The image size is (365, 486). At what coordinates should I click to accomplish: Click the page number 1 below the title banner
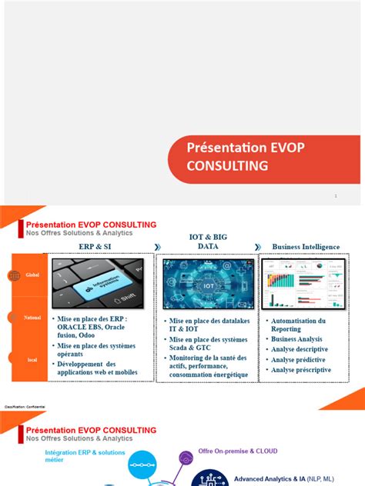336,196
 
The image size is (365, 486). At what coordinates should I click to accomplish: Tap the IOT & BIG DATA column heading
209,241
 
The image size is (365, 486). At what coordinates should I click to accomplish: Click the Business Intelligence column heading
306,247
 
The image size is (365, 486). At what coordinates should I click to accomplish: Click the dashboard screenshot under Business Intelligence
306,284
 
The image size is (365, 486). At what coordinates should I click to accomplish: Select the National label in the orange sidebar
33,317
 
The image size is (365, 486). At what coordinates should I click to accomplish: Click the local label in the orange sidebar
33,358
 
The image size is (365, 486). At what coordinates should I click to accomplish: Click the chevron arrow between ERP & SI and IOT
157,247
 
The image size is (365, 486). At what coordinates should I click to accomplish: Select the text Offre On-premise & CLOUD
238,451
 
